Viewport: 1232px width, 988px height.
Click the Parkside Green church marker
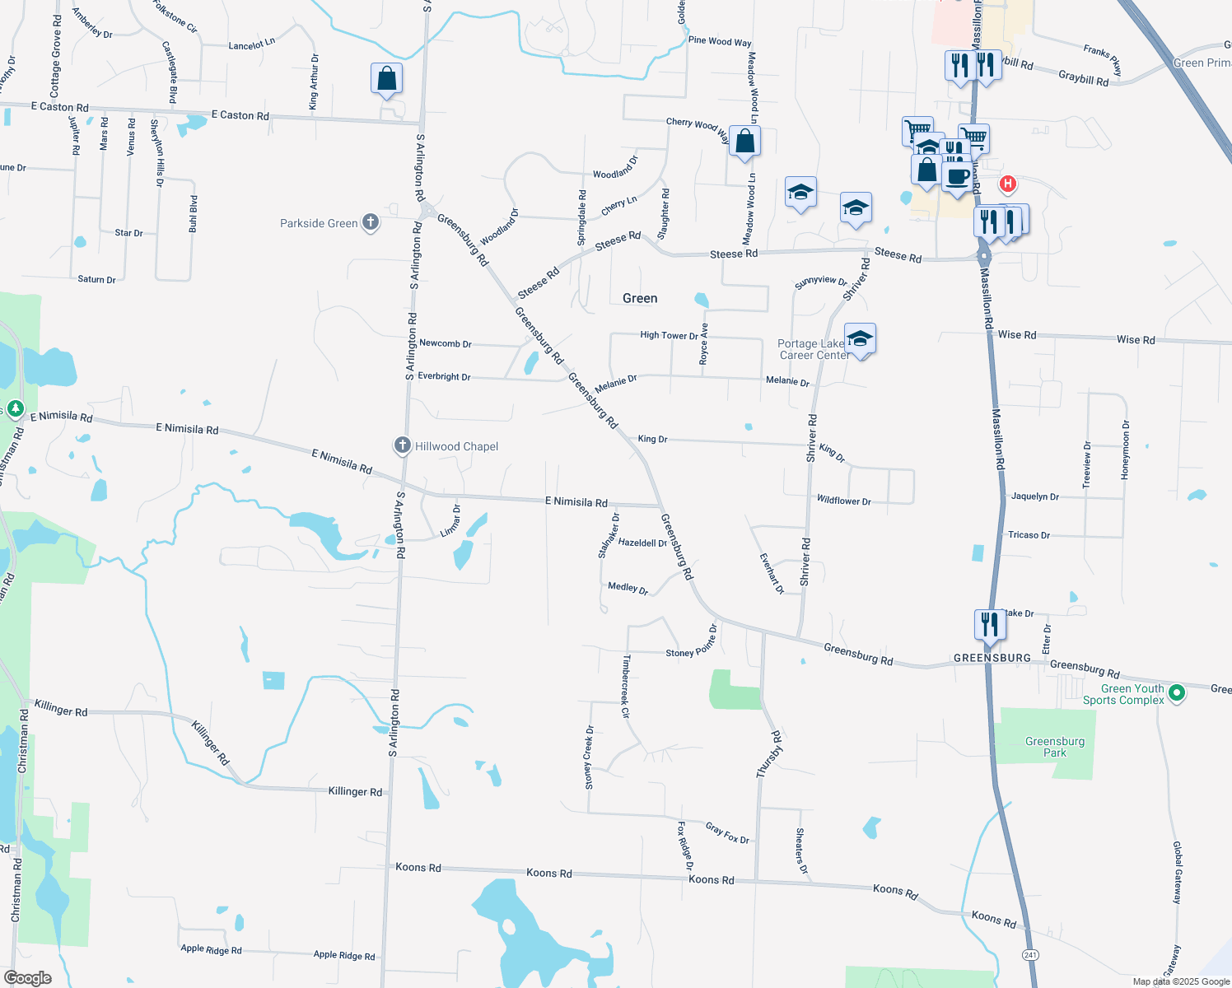(371, 222)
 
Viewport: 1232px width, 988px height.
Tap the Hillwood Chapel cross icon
(402, 445)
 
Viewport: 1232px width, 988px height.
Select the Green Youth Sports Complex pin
(1177, 692)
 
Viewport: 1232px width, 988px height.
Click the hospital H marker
(1006, 184)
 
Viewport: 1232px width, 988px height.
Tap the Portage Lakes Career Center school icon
(859, 338)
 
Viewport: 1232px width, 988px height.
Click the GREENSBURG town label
(992, 658)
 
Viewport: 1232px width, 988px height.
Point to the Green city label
(640, 298)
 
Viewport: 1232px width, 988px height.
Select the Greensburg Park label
(1054, 747)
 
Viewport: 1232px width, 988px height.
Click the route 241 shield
(1029, 954)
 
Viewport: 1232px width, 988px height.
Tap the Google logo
(27, 977)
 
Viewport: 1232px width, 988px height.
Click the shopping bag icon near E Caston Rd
(386, 79)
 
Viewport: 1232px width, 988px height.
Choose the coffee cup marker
(957, 177)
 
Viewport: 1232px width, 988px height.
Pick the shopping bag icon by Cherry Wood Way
(744, 141)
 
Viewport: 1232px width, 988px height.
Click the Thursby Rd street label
(769, 754)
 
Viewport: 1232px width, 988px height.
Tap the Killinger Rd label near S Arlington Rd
(355, 791)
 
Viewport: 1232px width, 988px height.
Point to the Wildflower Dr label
(843, 500)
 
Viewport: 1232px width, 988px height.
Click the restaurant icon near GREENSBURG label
(989, 625)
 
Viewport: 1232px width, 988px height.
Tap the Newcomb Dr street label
(445, 343)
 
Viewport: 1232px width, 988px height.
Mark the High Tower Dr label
(669, 335)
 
